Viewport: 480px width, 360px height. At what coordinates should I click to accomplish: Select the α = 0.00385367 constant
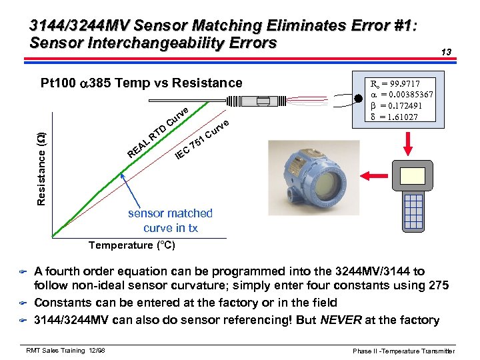click(x=401, y=95)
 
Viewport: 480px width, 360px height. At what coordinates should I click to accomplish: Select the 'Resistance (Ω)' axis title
click(x=41, y=160)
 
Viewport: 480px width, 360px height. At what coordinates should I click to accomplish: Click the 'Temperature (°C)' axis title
click(x=132, y=245)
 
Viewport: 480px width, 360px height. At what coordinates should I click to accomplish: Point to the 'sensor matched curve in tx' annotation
click(x=171, y=221)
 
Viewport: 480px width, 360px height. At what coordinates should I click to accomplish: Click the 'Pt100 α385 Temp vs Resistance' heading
click(x=141, y=83)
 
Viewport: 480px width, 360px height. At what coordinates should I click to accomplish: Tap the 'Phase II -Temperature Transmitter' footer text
click(x=404, y=351)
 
